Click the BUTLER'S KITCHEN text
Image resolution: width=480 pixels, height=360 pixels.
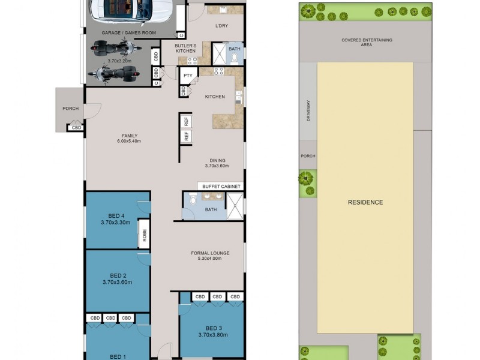185,49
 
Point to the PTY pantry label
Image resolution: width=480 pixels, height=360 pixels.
188,76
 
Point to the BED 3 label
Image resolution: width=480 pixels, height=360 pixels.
214,328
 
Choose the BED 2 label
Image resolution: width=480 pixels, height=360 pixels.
117,275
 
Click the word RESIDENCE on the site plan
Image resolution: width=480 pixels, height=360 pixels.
365,202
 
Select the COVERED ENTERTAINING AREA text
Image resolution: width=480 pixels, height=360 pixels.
367,42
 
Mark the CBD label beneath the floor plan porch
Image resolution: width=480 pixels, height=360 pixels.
76,128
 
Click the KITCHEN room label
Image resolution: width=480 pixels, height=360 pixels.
215,97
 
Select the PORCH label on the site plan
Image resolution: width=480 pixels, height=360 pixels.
308,156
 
